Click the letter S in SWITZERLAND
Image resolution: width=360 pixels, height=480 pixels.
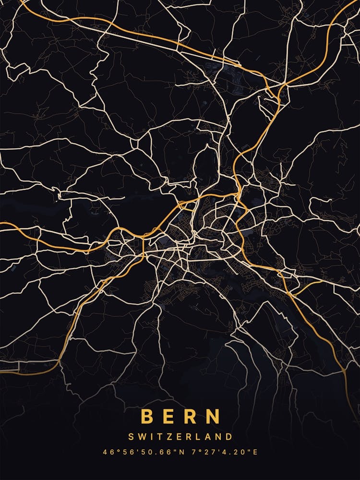[131, 437]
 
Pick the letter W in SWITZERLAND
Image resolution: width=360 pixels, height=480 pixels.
[142, 437]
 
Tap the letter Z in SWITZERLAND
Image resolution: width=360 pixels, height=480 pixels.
[168, 437]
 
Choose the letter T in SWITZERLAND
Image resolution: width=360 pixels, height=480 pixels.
[159, 437]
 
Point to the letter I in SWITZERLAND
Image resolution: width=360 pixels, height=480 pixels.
[152, 437]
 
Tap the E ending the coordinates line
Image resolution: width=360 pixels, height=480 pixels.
[255, 452]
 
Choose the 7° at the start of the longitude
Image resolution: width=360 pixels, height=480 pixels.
[194, 452]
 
